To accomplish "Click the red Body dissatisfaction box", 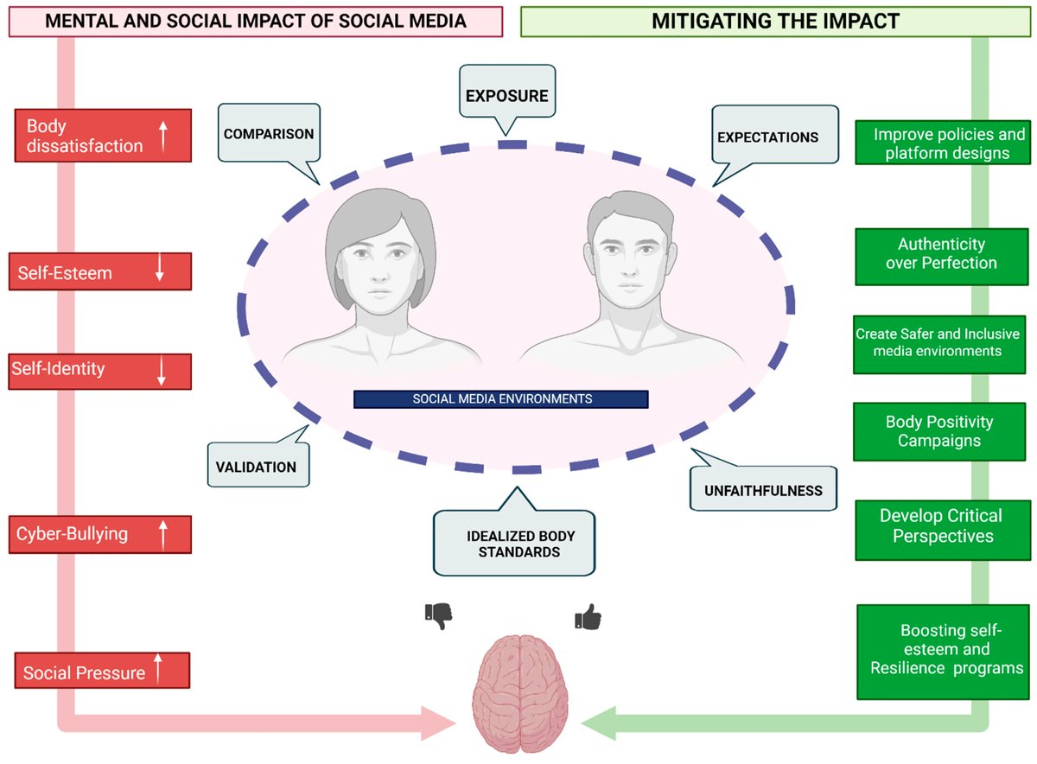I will [103, 136].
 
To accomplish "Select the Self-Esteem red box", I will [103, 271].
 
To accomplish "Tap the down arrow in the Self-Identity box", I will [161, 370].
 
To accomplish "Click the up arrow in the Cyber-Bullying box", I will [162, 534].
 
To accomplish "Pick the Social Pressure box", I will [103, 672].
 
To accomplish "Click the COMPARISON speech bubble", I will [269, 134].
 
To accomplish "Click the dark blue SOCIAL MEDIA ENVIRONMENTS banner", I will [500, 399].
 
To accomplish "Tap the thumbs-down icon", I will [439, 616].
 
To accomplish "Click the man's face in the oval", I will [628, 256].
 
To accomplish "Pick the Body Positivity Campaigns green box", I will [939, 431].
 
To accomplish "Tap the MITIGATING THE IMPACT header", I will [776, 21].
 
